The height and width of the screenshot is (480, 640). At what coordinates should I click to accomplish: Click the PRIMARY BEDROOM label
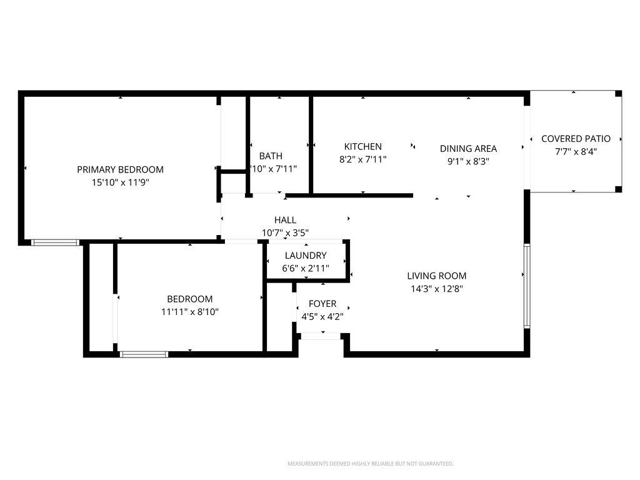point(120,169)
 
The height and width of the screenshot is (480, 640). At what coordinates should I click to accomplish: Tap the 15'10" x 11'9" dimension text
point(120,182)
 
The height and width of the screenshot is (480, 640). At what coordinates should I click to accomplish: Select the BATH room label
point(271,156)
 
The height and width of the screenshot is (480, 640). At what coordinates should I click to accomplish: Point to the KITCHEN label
point(362,146)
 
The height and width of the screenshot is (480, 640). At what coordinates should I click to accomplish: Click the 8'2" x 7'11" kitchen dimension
point(362,159)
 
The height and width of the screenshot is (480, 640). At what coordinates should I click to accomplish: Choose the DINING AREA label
point(468,148)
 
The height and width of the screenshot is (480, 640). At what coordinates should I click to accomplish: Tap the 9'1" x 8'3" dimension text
point(468,161)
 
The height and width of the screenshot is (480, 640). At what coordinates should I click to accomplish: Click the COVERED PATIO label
point(576,139)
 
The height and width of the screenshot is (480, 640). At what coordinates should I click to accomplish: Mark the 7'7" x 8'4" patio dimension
point(576,152)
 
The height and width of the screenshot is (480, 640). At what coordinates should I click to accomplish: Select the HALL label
point(285,220)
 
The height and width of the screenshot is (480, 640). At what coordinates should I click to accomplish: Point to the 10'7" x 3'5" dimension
point(285,233)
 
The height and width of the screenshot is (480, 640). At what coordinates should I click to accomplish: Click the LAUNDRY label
point(306,255)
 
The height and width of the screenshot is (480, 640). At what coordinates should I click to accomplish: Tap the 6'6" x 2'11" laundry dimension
point(306,268)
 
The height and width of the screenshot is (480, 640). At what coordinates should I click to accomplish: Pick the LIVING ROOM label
point(436,276)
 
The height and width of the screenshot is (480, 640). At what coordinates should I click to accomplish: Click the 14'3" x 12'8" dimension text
point(436,289)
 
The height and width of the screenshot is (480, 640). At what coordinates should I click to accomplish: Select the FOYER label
point(322,304)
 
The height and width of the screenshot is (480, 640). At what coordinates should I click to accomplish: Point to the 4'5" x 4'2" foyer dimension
point(322,316)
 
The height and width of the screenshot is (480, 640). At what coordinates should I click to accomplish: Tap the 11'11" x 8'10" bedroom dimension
point(189,311)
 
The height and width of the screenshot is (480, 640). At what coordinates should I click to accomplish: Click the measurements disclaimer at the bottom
point(370,464)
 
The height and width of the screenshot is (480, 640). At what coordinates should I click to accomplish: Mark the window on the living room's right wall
point(527,286)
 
